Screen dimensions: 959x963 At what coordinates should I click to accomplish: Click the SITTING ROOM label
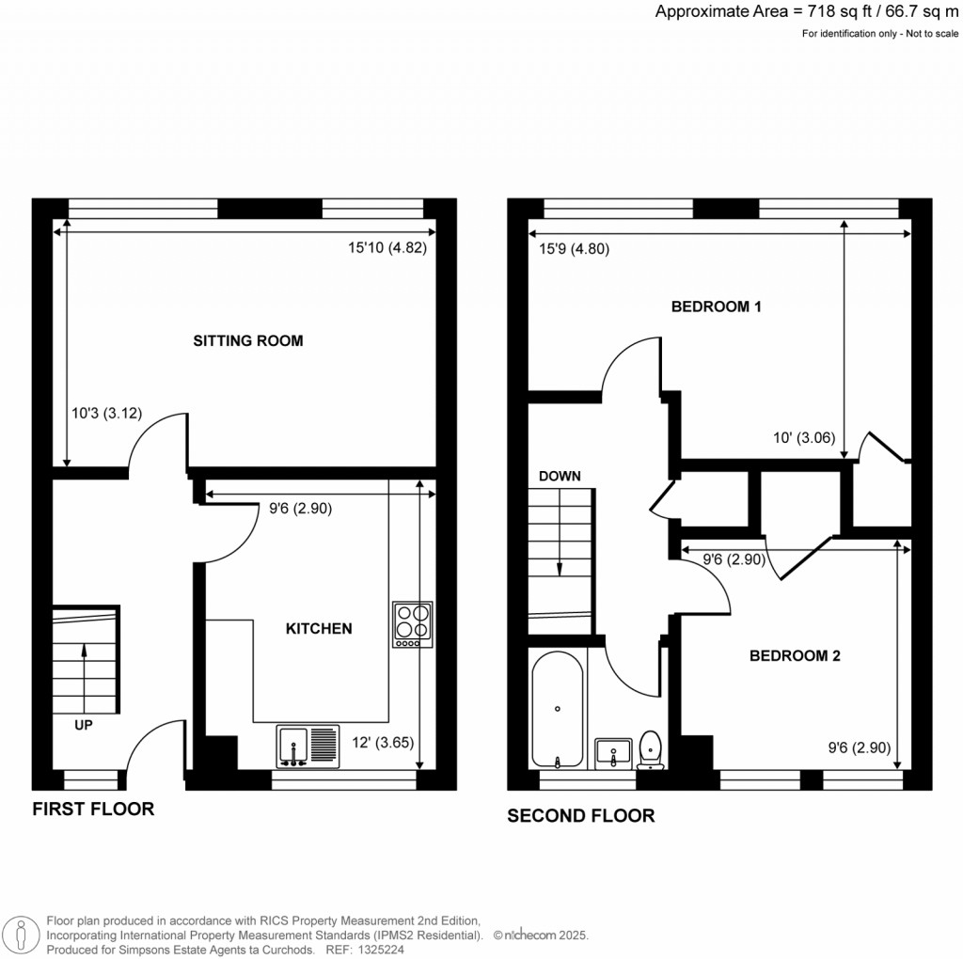tap(248, 341)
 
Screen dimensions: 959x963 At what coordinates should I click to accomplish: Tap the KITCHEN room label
tap(319, 628)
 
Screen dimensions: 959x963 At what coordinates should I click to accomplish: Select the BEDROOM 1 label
tap(716, 307)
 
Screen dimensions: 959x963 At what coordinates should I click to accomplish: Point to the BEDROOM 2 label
tap(795, 656)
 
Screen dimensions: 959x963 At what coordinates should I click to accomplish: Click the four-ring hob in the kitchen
tap(413, 624)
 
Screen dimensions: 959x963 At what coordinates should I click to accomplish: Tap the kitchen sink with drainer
tap(308, 745)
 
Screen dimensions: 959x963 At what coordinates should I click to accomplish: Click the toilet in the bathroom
tap(650, 750)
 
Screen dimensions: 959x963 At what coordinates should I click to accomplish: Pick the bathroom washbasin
tap(614, 752)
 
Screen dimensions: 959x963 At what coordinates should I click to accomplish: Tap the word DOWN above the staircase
tap(560, 477)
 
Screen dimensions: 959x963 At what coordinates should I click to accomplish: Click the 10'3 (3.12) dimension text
tap(106, 412)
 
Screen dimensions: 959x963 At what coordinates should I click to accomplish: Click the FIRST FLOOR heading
tap(93, 809)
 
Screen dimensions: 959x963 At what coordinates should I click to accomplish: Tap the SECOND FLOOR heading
tap(581, 816)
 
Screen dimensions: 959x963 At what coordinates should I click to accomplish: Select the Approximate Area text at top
tap(807, 12)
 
